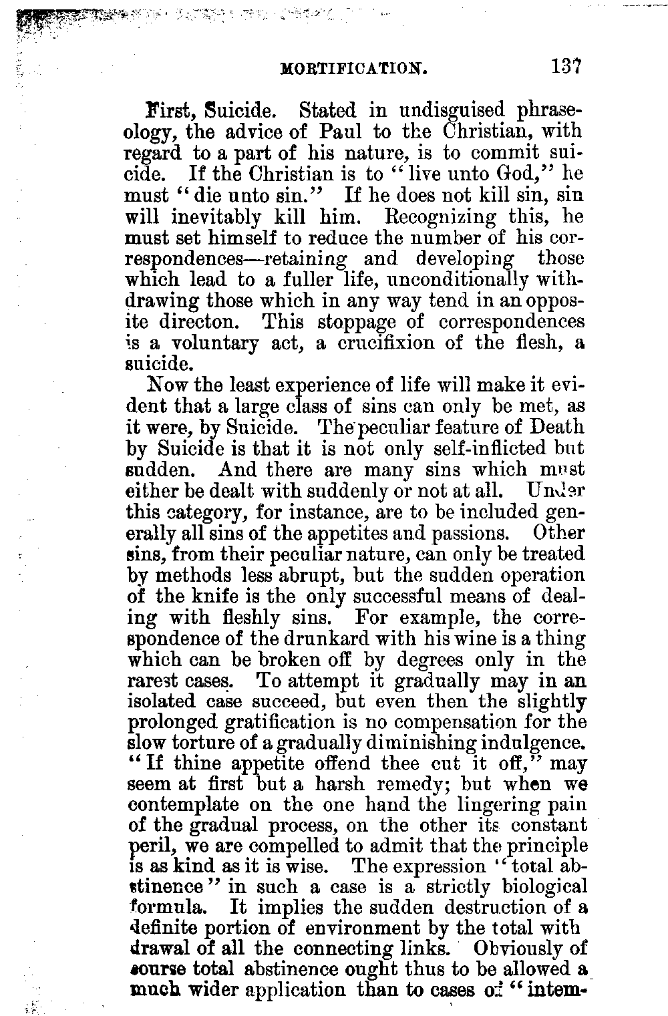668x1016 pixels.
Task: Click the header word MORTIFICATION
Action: coord(353,68)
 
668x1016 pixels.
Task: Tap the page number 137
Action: coord(568,67)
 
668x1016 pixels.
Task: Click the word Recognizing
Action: coord(441,217)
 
